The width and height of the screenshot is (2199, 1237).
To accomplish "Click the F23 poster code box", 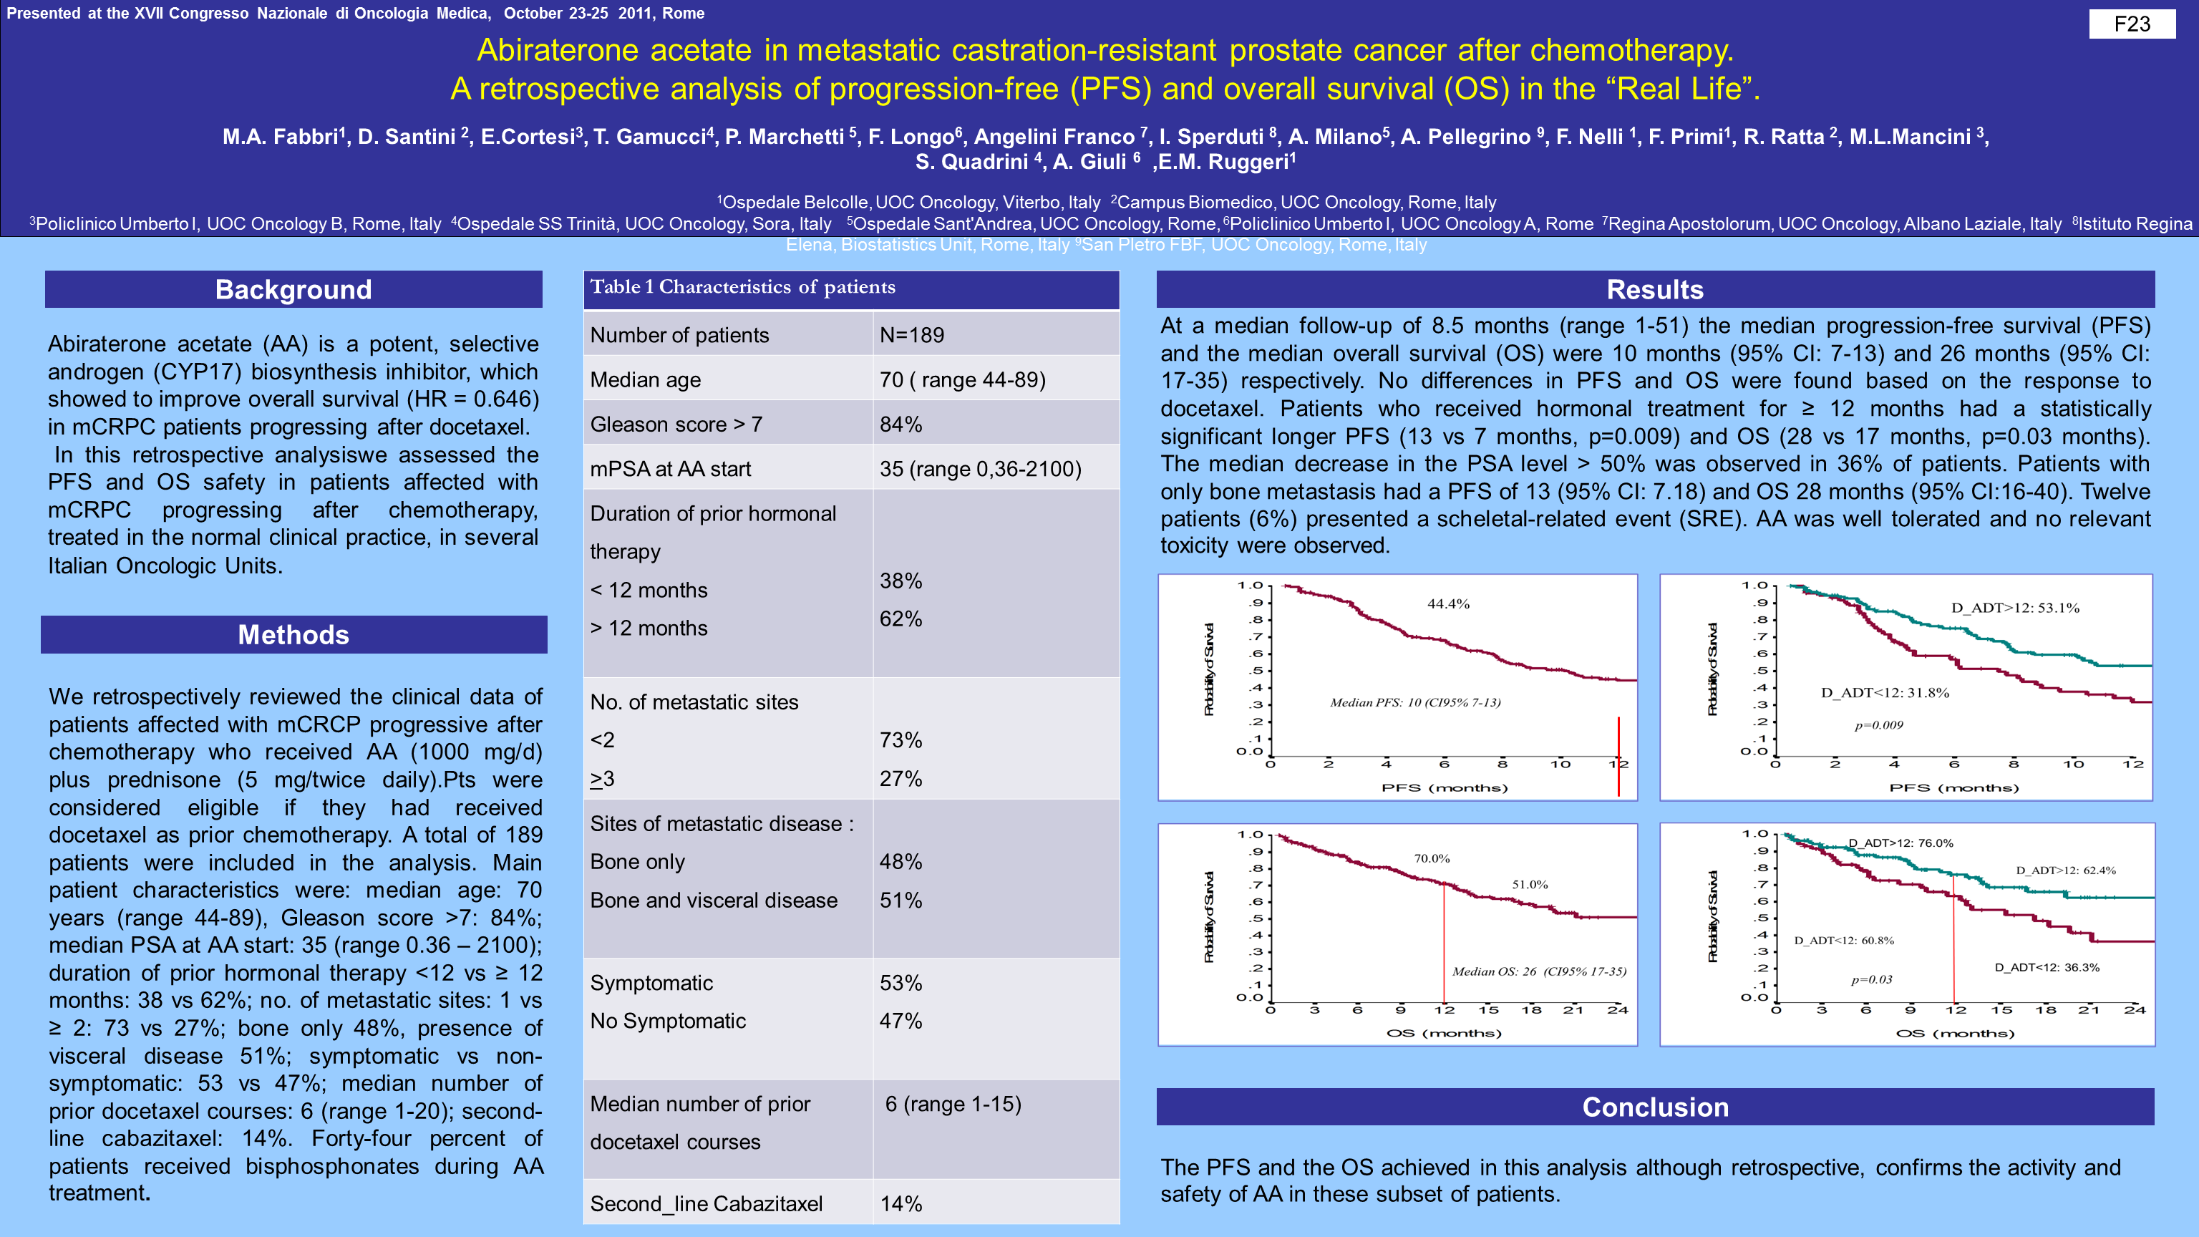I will coord(2132,24).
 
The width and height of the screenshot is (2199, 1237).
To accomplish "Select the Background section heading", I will coord(293,289).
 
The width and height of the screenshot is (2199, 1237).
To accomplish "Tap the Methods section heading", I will coord(293,634).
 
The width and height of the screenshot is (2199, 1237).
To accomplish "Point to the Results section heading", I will coord(1654,289).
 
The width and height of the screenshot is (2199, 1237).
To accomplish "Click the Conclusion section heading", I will coord(1654,1107).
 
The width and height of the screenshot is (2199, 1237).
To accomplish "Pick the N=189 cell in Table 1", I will coord(912,334).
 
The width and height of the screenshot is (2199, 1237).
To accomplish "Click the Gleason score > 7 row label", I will coord(676,425).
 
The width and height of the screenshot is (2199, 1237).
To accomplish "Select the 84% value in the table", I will coord(901,425).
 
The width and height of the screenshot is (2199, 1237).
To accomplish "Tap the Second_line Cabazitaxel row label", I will coord(706,1203).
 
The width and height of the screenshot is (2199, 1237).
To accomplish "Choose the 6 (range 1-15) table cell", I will coord(953,1104).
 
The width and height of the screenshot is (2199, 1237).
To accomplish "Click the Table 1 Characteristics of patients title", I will coord(743,287).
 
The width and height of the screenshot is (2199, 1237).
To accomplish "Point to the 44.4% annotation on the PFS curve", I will coord(1449,604).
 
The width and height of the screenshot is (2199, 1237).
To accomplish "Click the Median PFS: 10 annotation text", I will coord(1414,702).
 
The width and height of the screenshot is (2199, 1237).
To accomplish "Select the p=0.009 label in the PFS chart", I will coord(1879,726).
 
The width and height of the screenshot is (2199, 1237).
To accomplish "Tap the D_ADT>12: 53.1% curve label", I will coord(2014,608).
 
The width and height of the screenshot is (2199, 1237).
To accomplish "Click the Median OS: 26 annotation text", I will coord(1539,971).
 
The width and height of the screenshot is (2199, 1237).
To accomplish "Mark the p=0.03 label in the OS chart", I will coord(1871,980).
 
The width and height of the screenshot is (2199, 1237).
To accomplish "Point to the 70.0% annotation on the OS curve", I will coord(1432,859).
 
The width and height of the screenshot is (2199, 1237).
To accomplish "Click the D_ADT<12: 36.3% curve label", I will coord(2047,967).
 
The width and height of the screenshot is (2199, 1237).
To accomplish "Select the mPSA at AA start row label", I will coord(670,469).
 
